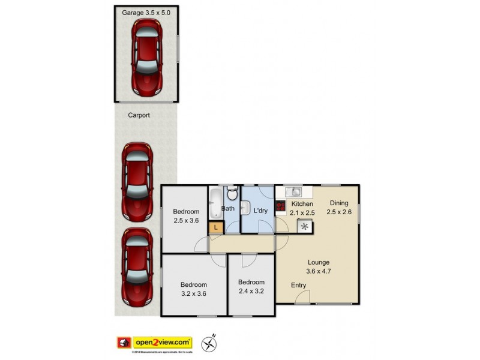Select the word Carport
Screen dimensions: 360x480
click(139, 115)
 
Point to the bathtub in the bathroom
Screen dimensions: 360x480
click(215, 204)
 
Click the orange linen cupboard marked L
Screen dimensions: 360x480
click(215, 227)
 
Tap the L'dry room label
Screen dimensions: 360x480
click(260, 211)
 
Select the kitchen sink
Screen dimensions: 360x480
click(293, 193)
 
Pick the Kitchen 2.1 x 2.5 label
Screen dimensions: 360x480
click(302, 208)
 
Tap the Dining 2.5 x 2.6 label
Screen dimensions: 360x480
click(339, 208)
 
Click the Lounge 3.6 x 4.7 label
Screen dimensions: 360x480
click(319, 266)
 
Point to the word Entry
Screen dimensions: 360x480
click(298, 285)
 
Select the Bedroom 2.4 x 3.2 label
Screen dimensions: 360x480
click(251, 286)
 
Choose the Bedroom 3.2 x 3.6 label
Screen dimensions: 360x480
click(194, 289)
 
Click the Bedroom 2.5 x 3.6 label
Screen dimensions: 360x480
click(186, 215)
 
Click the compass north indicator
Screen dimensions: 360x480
click(210, 343)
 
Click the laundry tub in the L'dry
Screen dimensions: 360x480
click(245, 208)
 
